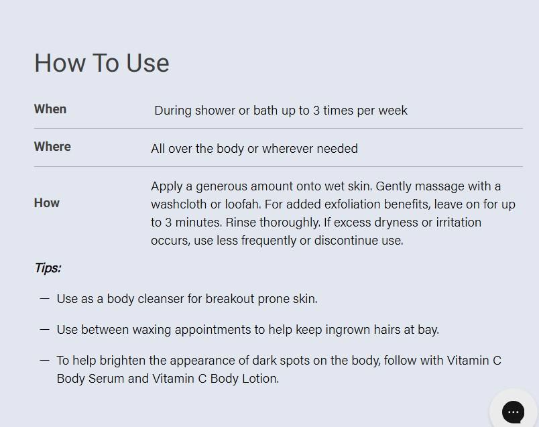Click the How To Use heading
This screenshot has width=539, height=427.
coord(102,63)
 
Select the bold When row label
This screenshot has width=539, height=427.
coord(50,109)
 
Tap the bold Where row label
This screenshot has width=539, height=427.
coord(52,146)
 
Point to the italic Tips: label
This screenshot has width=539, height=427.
coord(48,268)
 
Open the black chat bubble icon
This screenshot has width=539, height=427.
coord(514,412)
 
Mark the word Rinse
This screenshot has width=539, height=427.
coord(240,223)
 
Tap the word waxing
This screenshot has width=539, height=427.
coord(152,330)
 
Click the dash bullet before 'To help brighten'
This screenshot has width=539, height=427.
coord(45,361)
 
